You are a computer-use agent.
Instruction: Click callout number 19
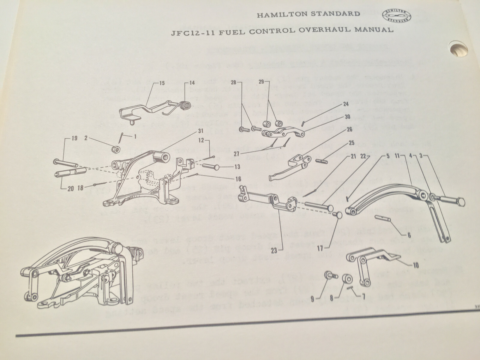click(x=74, y=138)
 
